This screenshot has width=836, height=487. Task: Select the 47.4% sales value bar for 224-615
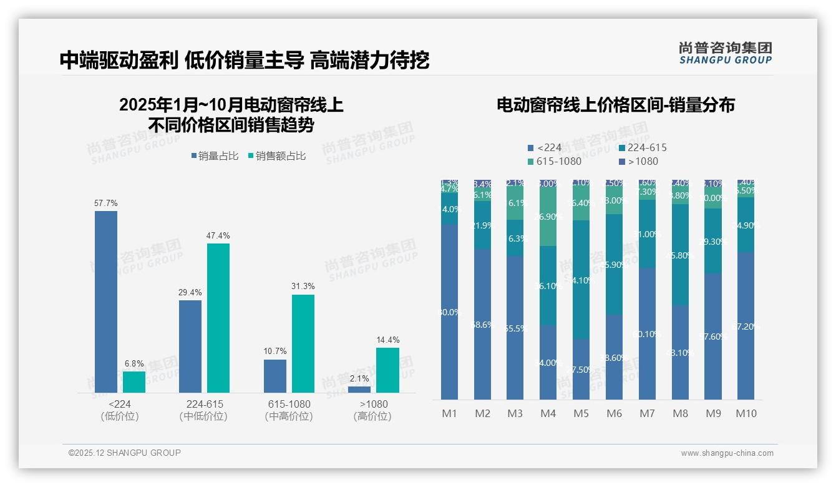tap(218, 318)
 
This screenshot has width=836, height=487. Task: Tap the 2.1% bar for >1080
tap(359, 390)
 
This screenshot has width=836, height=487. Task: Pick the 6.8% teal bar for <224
tap(134, 382)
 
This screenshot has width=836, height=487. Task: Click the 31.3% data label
tap(303, 286)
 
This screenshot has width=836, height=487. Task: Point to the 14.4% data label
tap(388, 340)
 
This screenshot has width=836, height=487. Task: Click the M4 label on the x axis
tap(548, 413)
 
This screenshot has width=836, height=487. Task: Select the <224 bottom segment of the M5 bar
tap(581, 369)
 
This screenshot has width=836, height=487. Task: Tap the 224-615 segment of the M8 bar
tap(680, 254)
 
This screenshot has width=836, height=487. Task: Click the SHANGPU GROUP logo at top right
tap(725, 53)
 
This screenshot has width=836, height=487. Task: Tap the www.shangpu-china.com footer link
tap(727, 453)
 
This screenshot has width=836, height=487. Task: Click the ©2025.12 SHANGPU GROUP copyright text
tap(125, 453)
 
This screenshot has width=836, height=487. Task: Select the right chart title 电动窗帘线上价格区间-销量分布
tap(615, 105)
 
